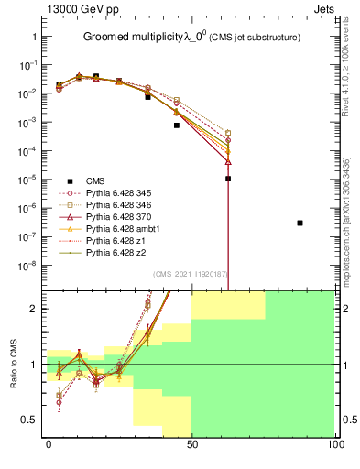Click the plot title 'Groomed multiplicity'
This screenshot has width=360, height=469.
[x=136, y=38]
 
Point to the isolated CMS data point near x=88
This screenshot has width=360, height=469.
[x=300, y=223]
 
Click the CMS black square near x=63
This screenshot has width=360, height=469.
[x=228, y=179]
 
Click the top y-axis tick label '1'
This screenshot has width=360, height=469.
[x=37, y=37]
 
